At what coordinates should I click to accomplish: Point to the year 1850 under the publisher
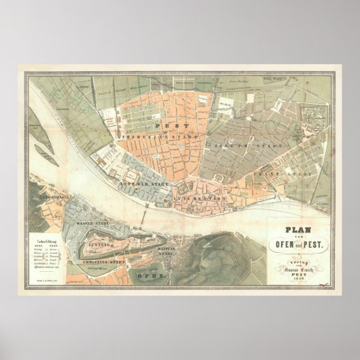click(299, 278)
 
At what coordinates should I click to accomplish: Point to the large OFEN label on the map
click(152, 275)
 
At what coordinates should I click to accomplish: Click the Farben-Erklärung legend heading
click(48, 240)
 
